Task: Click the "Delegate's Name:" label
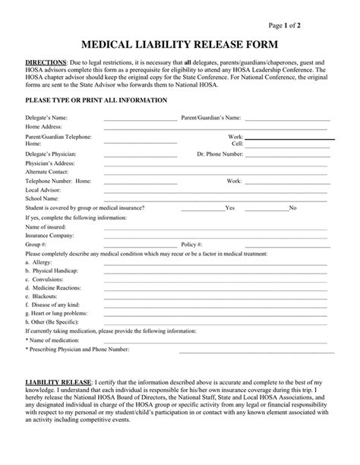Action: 47,118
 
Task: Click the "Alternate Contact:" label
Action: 48,172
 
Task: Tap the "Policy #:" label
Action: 190,245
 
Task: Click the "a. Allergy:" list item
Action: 39,262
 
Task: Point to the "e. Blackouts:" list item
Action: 41,298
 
